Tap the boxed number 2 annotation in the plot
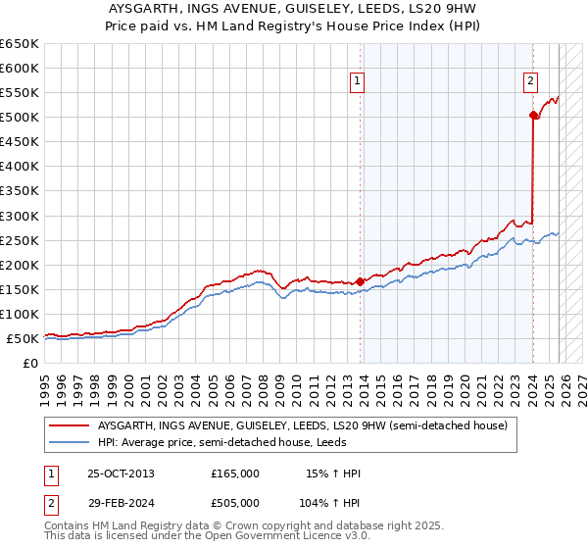pos(530,81)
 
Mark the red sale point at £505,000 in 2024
pos(533,116)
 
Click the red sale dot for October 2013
pos(360,281)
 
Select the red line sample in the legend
pos(69,426)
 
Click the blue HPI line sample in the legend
pos(69,442)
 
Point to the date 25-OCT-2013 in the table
pos(121,474)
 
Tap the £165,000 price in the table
pos(235,474)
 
